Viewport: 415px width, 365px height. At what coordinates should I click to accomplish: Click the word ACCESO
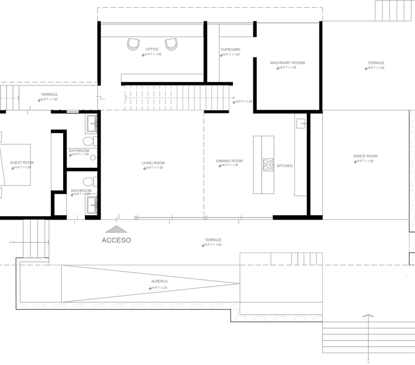click(116, 240)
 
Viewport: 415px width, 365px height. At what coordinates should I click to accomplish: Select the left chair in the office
click(133, 44)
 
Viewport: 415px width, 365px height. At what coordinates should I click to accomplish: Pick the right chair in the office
click(171, 44)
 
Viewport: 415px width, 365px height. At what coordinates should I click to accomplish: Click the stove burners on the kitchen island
click(267, 164)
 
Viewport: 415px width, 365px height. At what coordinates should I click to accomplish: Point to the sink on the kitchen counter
click(300, 124)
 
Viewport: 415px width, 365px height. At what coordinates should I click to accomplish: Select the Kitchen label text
click(284, 165)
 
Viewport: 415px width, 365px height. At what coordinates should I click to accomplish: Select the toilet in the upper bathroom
click(92, 142)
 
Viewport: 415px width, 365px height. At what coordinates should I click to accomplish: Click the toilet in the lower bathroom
click(91, 182)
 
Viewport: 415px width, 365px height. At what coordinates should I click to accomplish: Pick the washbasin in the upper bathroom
click(91, 124)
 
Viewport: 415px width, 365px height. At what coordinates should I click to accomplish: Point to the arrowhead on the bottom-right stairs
click(368, 315)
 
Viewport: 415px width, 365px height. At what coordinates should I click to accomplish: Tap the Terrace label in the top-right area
click(376, 63)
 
